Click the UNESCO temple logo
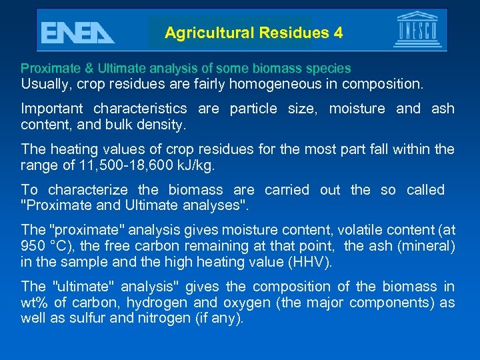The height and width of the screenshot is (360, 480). (x=417, y=30)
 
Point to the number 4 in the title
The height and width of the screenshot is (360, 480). (x=338, y=33)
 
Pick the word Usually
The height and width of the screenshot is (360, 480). (x=45, y=85)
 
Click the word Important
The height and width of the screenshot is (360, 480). (x=52, y=109)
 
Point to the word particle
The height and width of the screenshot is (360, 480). (x=253, y=109)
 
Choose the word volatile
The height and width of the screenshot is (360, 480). (x=362, y=231)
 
